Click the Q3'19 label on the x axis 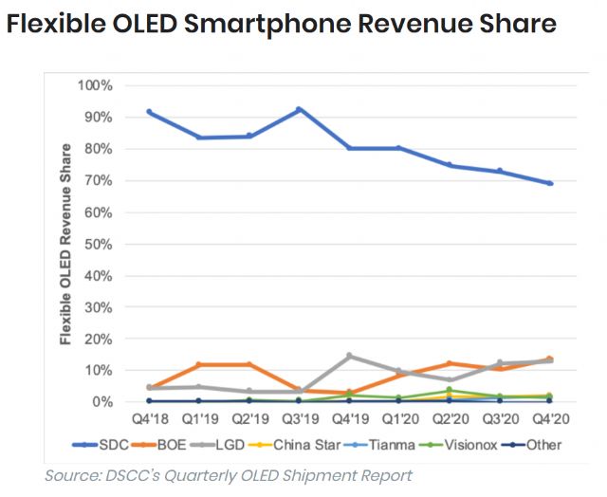[x=300, y=418]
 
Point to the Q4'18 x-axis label [x=150, y=418]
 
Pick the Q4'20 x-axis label [x=550, y=418]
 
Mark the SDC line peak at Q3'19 [x=300, y=109]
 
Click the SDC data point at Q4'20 [x=550, y=183]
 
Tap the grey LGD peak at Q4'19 [x=350, y=356]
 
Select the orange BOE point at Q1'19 [x=199, y=364]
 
